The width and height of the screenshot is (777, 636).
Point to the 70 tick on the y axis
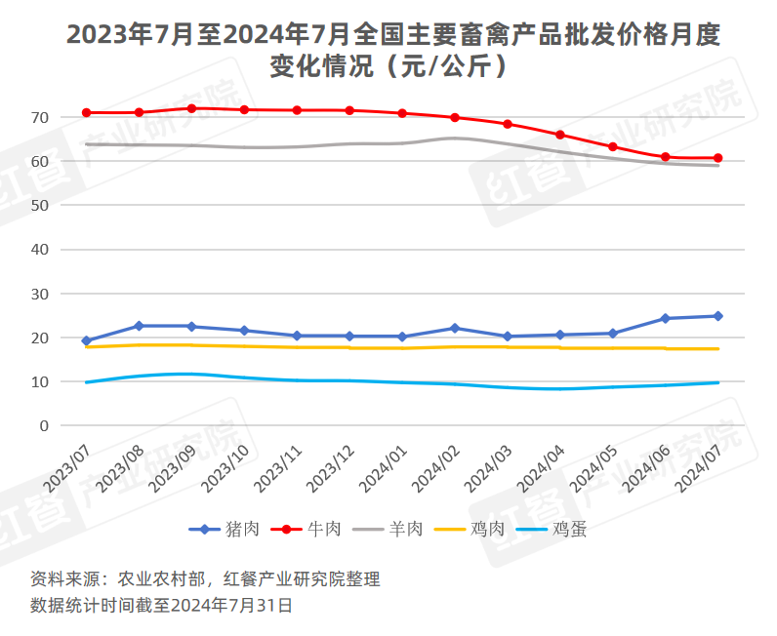pos(39,117)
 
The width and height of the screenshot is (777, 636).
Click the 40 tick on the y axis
pos(39,249)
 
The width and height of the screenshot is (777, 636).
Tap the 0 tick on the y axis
pos(43,425)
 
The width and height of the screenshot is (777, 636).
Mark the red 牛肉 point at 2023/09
pos(191,108)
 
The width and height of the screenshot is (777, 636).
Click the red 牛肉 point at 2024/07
pos(717,158)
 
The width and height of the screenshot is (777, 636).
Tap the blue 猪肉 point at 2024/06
pos(665,318)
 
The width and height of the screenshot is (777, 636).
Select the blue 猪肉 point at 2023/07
pos(87,340)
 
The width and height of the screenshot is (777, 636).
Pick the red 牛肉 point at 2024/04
pos(559,135)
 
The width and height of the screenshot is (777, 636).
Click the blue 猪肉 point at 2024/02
pos(455,328)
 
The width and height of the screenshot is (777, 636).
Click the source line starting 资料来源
pos(205,579)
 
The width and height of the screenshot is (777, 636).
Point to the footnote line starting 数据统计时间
pos(161,605)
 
